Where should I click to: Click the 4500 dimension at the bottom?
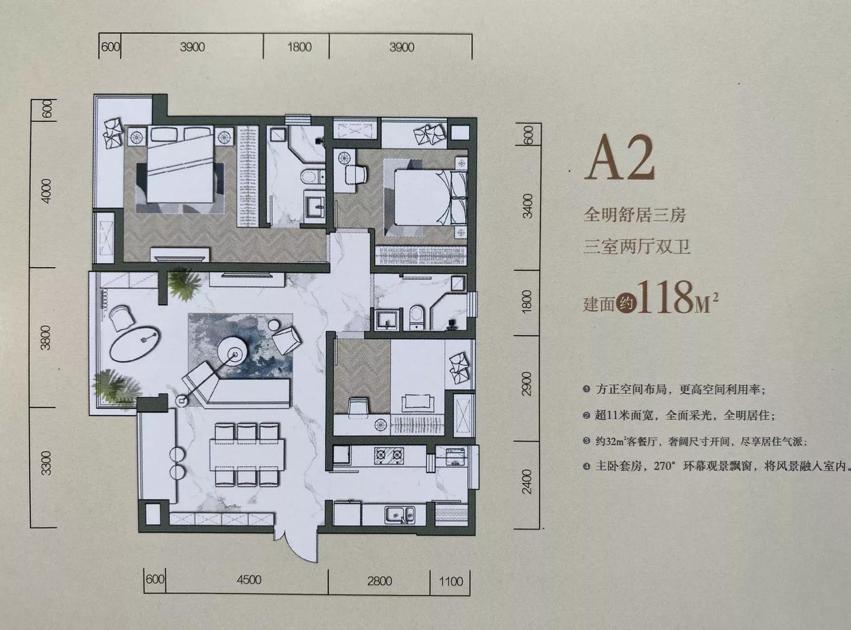[x=249, y=580]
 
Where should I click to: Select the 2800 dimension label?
[x=379, y=580]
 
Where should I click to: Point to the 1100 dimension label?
[x=451, y=580]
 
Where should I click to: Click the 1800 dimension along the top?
[x=299, y=47]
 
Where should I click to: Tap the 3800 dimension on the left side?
[x=47, y=337]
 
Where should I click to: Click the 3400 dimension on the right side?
[x=527, y=205]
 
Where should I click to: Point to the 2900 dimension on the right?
[x=527, y=383]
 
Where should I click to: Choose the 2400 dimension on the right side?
[x=527, y=481]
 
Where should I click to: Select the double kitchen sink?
[x=399, y=514]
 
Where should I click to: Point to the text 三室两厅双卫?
[x=637, y=247]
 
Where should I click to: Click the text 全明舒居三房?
[x=635, y=215]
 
